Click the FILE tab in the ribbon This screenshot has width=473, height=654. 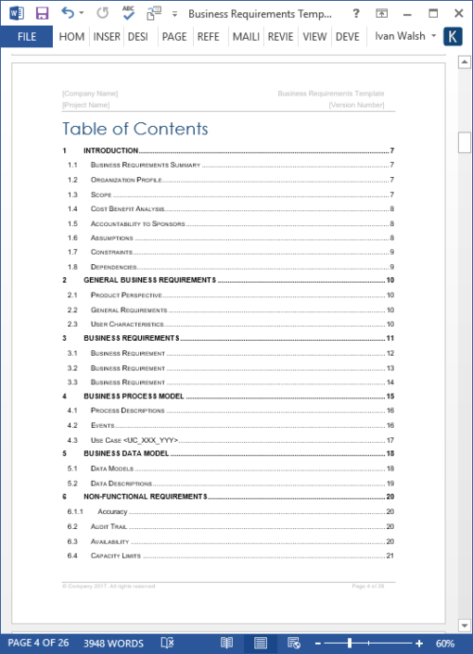pyautogui.click(x=26, y=37)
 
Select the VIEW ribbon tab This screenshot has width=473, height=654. pyautogui.click(x=314, y=37)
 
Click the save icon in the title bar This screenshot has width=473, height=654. pyautogui.click(x=42, y=13)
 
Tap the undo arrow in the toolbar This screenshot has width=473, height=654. pyautogui.click(x=68, y=13)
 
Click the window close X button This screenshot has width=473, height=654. pyautogui.click(x=457, y=13)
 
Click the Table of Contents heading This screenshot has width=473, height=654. pyautogui.click(x=135, y=129)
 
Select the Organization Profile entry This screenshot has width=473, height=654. pyautogui.click(x=126, y=180)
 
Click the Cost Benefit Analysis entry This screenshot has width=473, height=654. pyautogui.click(x=128, y=208)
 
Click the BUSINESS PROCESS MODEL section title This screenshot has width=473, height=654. pyautogui.click(x=134, y=396)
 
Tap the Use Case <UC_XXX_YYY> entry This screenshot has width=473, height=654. pyautogui.click(x=134, y=439)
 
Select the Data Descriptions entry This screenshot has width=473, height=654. pyautogui.click(x=121, y=483)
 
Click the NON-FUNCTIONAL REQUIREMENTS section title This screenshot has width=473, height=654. pyautogui.click(x=145, y=497)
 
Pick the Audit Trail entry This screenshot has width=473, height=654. pyautogui.click(x=109, y=526)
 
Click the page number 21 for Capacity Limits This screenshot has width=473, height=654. pyautogui.click(x=390, y=555)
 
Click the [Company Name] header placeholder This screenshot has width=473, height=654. pyautogui.click(x=90, y=94)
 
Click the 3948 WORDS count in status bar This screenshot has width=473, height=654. pyautogui.click(x=113, y=643)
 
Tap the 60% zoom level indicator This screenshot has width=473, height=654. pyautogui.click(x=444, y=643)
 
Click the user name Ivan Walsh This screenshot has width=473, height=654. pyautogui.click(x=400, y=37)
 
